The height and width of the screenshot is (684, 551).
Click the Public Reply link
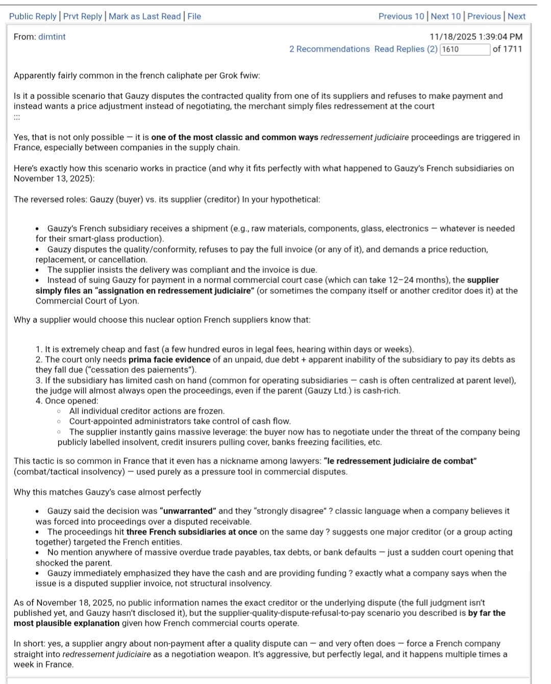[x=33, y=16]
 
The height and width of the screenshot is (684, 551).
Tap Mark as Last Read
[x=144, y=16]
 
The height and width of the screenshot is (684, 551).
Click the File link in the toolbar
[x=194, y=16]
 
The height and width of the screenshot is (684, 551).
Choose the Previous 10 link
[x=401, y=16]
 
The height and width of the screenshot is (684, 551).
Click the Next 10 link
[x=446, y=16]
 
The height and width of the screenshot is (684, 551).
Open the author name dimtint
[x=52, y=37]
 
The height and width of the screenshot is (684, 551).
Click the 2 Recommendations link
[x=330, y=49]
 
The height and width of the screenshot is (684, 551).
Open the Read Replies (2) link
[x=406, y=49]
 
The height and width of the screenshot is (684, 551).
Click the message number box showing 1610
[x=464, y=49]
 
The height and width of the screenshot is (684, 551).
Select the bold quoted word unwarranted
[x=188, y=511]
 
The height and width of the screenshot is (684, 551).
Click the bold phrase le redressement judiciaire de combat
[x=400, y=461]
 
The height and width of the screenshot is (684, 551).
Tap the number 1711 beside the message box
[x=512, y=49]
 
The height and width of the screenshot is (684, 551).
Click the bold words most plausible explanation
[x=66, y=623]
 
